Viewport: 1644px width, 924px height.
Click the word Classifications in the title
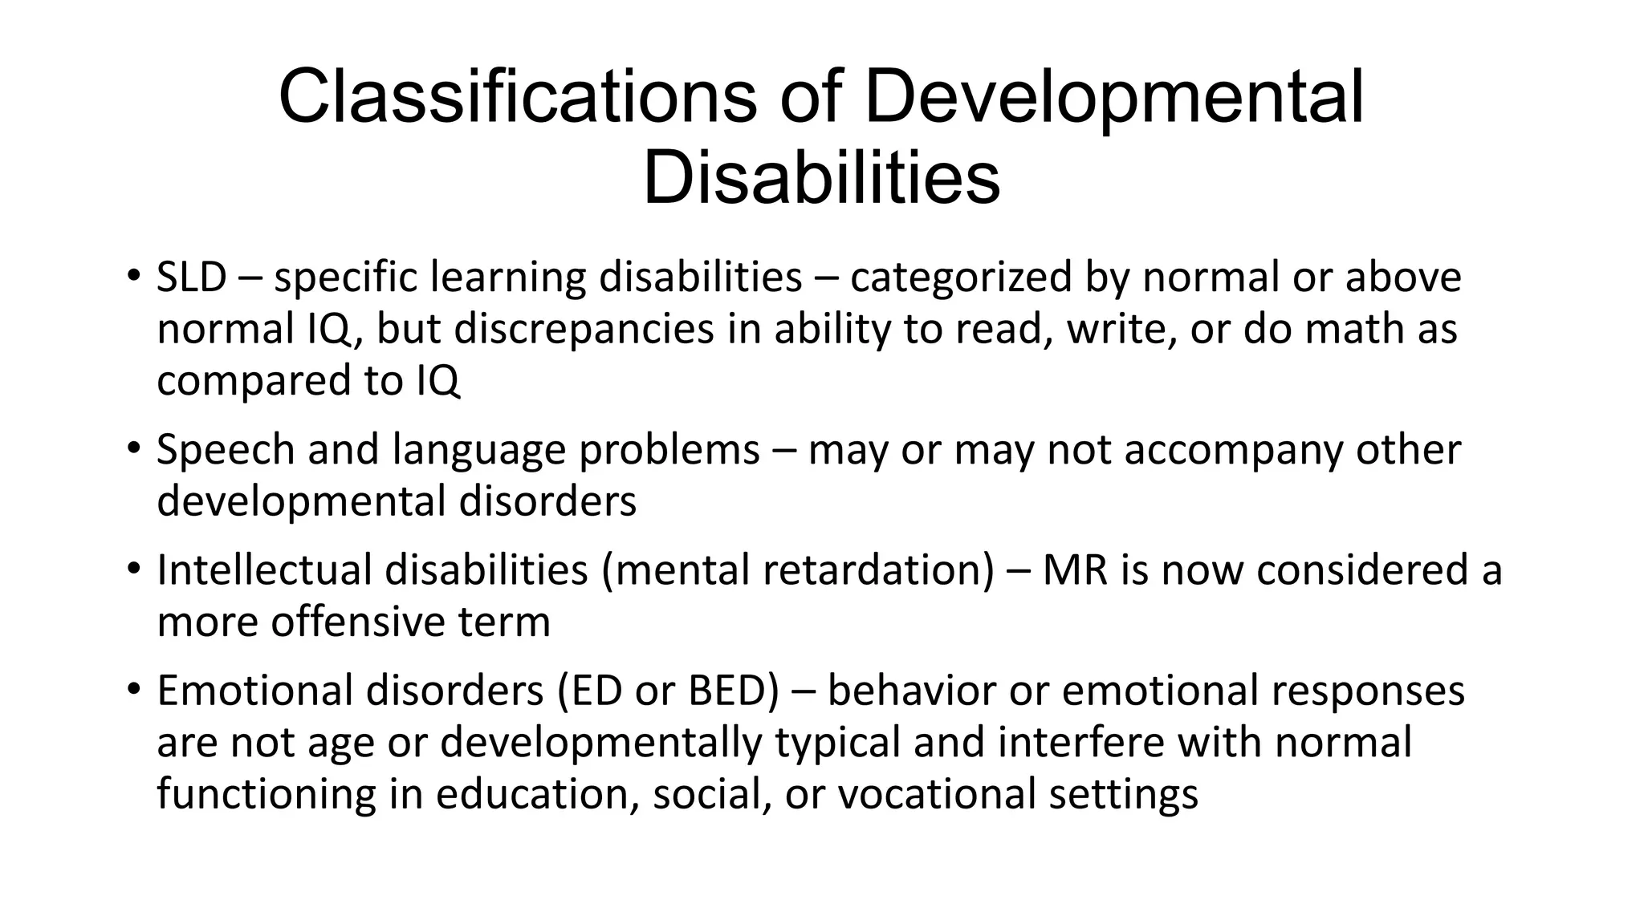click(517, 98)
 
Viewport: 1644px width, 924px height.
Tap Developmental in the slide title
click(1114, 98)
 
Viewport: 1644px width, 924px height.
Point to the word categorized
click(961, 278)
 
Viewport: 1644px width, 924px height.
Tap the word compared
click(254, 380)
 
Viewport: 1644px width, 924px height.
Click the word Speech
click(226, 449)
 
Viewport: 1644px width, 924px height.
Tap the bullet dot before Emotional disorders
click(133, 688)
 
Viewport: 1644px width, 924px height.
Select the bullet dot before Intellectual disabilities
click(133, 568)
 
